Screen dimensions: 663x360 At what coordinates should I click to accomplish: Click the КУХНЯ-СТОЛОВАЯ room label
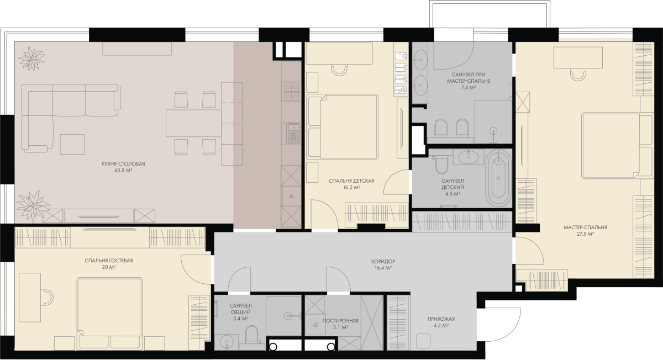pyautogui.click(x=123, y=163)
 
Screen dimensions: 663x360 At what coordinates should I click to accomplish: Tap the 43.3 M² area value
pyautogui.click(x=123, y=171)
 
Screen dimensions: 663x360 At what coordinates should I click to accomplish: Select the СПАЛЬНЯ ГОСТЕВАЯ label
pyautogui.click(x=109, y=261)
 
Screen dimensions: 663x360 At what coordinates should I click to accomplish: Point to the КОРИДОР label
pyautogui.click(x=383, y=262)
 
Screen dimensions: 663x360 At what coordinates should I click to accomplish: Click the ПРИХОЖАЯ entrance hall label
pyautogui.click(x=441, y=319)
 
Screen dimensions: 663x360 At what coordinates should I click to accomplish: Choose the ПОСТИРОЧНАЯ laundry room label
pyautogui.click(x=340, y=321)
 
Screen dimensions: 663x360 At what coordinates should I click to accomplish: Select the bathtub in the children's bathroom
pyautogui.click(x=499, y=178)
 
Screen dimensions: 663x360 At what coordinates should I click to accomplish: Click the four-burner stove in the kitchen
pyautogui.click(x=291, y=92)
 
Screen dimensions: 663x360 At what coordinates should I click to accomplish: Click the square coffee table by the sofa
pyautogui.click(x=72, y=144)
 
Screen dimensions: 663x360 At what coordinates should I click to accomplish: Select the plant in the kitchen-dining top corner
pyautogui.click(x=31, y=59)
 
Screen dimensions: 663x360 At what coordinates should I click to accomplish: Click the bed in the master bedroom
pyautogui.click(x=618, y=146)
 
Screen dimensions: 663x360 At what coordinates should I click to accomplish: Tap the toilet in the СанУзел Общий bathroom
pyautogui.click(x=252, y=335)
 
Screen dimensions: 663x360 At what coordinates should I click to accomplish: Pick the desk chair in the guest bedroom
pyautogui.click(x=48, y=298)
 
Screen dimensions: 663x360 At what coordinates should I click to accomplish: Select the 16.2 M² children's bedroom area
pyautogui.click(x=351, y=188)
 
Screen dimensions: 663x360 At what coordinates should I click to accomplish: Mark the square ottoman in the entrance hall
pyautogui.click(x=423, y=341)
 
